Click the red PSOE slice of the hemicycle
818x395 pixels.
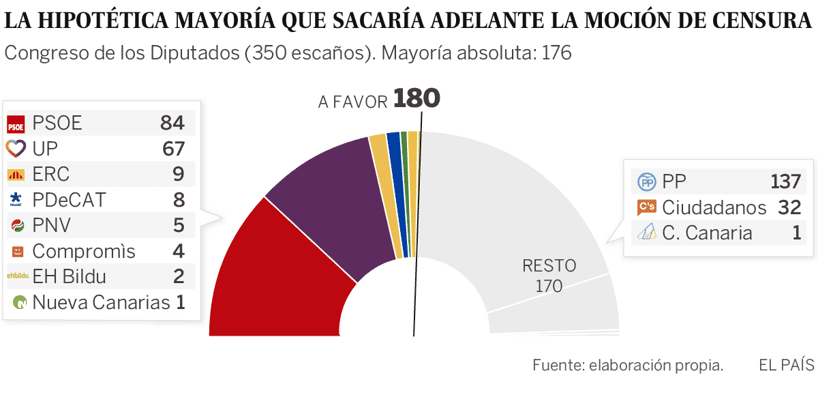[x=273, y=280]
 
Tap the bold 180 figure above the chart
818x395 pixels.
[x=416, y=99]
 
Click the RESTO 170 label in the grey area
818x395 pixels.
[x=549, y=276]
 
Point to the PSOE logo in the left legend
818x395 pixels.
[x=15, y=123]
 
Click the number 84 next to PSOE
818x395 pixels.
[x=172, y=123]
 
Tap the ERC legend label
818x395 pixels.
[x=51, y=174]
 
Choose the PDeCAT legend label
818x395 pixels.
[x=69, y=200]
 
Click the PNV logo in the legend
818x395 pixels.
[x=15, y=225]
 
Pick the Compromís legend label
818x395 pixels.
[x=84, y=251]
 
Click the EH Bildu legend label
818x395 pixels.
[x=69, y=277]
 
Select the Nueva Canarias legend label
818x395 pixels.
[x=101, y=302]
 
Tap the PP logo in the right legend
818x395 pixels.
[x=646, y=182]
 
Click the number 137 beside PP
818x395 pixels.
[x=785, y=182]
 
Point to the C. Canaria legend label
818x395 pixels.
[x=707, y=233]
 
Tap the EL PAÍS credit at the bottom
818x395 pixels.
[x=786, y=366]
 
